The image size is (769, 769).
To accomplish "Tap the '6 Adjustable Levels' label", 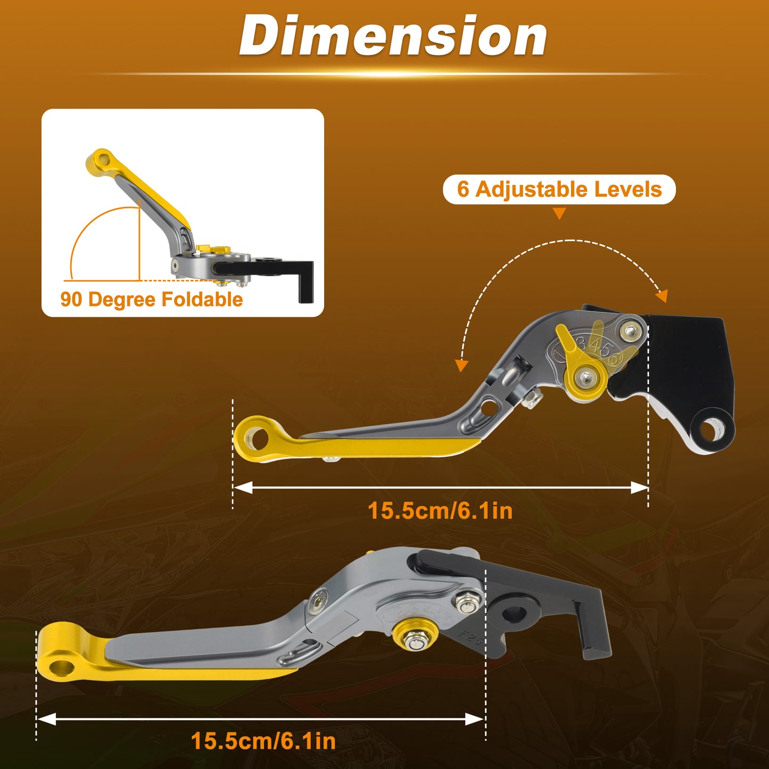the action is pos(559,189).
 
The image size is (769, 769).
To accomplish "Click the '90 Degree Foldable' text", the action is pos(152,299).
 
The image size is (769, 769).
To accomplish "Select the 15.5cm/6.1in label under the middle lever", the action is pos(440,511).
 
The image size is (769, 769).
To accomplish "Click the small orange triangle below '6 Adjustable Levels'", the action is pos(559,213).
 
